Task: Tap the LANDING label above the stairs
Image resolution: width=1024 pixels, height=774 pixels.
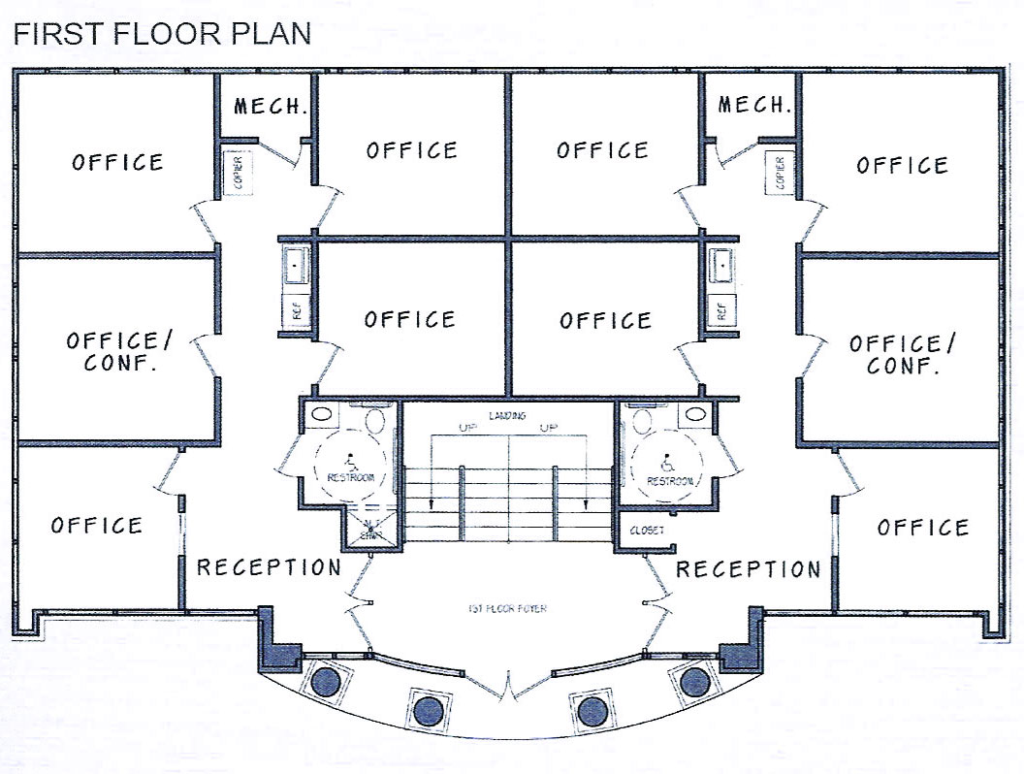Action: coord(508,416)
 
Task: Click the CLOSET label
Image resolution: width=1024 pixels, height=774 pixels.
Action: coord(647,531)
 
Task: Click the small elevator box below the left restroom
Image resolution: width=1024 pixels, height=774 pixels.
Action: coord(368,531)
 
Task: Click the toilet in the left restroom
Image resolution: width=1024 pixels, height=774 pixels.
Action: coord(376,422)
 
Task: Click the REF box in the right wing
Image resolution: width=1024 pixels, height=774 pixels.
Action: coord(720,311)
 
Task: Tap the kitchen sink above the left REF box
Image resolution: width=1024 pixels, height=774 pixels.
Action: coord(297,266)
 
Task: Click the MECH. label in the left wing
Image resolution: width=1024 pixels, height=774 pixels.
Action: coord(271,106)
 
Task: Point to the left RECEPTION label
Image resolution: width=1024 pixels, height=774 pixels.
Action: coord(269,567)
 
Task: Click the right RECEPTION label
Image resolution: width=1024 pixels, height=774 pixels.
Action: coord(748,568)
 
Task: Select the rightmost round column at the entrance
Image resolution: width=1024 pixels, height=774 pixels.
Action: coord(694,682)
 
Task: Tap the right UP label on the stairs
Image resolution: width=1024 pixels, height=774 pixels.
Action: coord(550,428)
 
